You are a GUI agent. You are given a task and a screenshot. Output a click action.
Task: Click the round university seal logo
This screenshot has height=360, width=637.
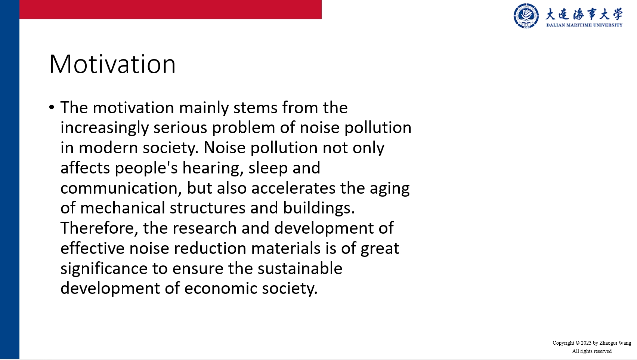(526, 16)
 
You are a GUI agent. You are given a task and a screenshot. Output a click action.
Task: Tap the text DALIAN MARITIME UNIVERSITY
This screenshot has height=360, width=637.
(584, 25)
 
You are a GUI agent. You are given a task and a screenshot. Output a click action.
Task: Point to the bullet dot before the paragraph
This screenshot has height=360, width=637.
(52, 107)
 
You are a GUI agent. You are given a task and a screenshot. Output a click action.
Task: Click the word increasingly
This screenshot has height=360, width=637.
(105, 128)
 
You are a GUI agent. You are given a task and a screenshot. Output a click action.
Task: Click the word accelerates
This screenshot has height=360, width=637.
(294, 188)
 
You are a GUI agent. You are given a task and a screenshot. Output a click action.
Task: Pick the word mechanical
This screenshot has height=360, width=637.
(123, 208)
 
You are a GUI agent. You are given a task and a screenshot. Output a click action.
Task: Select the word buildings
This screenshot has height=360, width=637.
(319, 208)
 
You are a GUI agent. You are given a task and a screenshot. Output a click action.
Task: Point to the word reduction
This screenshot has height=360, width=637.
(210, 248)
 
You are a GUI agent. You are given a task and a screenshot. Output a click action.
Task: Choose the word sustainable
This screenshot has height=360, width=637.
(300, 268)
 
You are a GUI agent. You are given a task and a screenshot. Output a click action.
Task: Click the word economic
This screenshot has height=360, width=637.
(221, 288)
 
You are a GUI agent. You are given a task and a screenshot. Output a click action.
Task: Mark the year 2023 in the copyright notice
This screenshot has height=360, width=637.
(586, 343)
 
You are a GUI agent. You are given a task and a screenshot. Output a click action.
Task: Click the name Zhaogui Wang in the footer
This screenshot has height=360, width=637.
(615, 343)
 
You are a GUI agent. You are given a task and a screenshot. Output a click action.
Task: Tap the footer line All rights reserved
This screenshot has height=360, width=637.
(592, 351)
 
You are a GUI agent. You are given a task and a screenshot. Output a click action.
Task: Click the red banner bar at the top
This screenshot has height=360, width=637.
(170, 9)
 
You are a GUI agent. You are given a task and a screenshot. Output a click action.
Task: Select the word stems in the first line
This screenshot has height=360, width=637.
(256, 108)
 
